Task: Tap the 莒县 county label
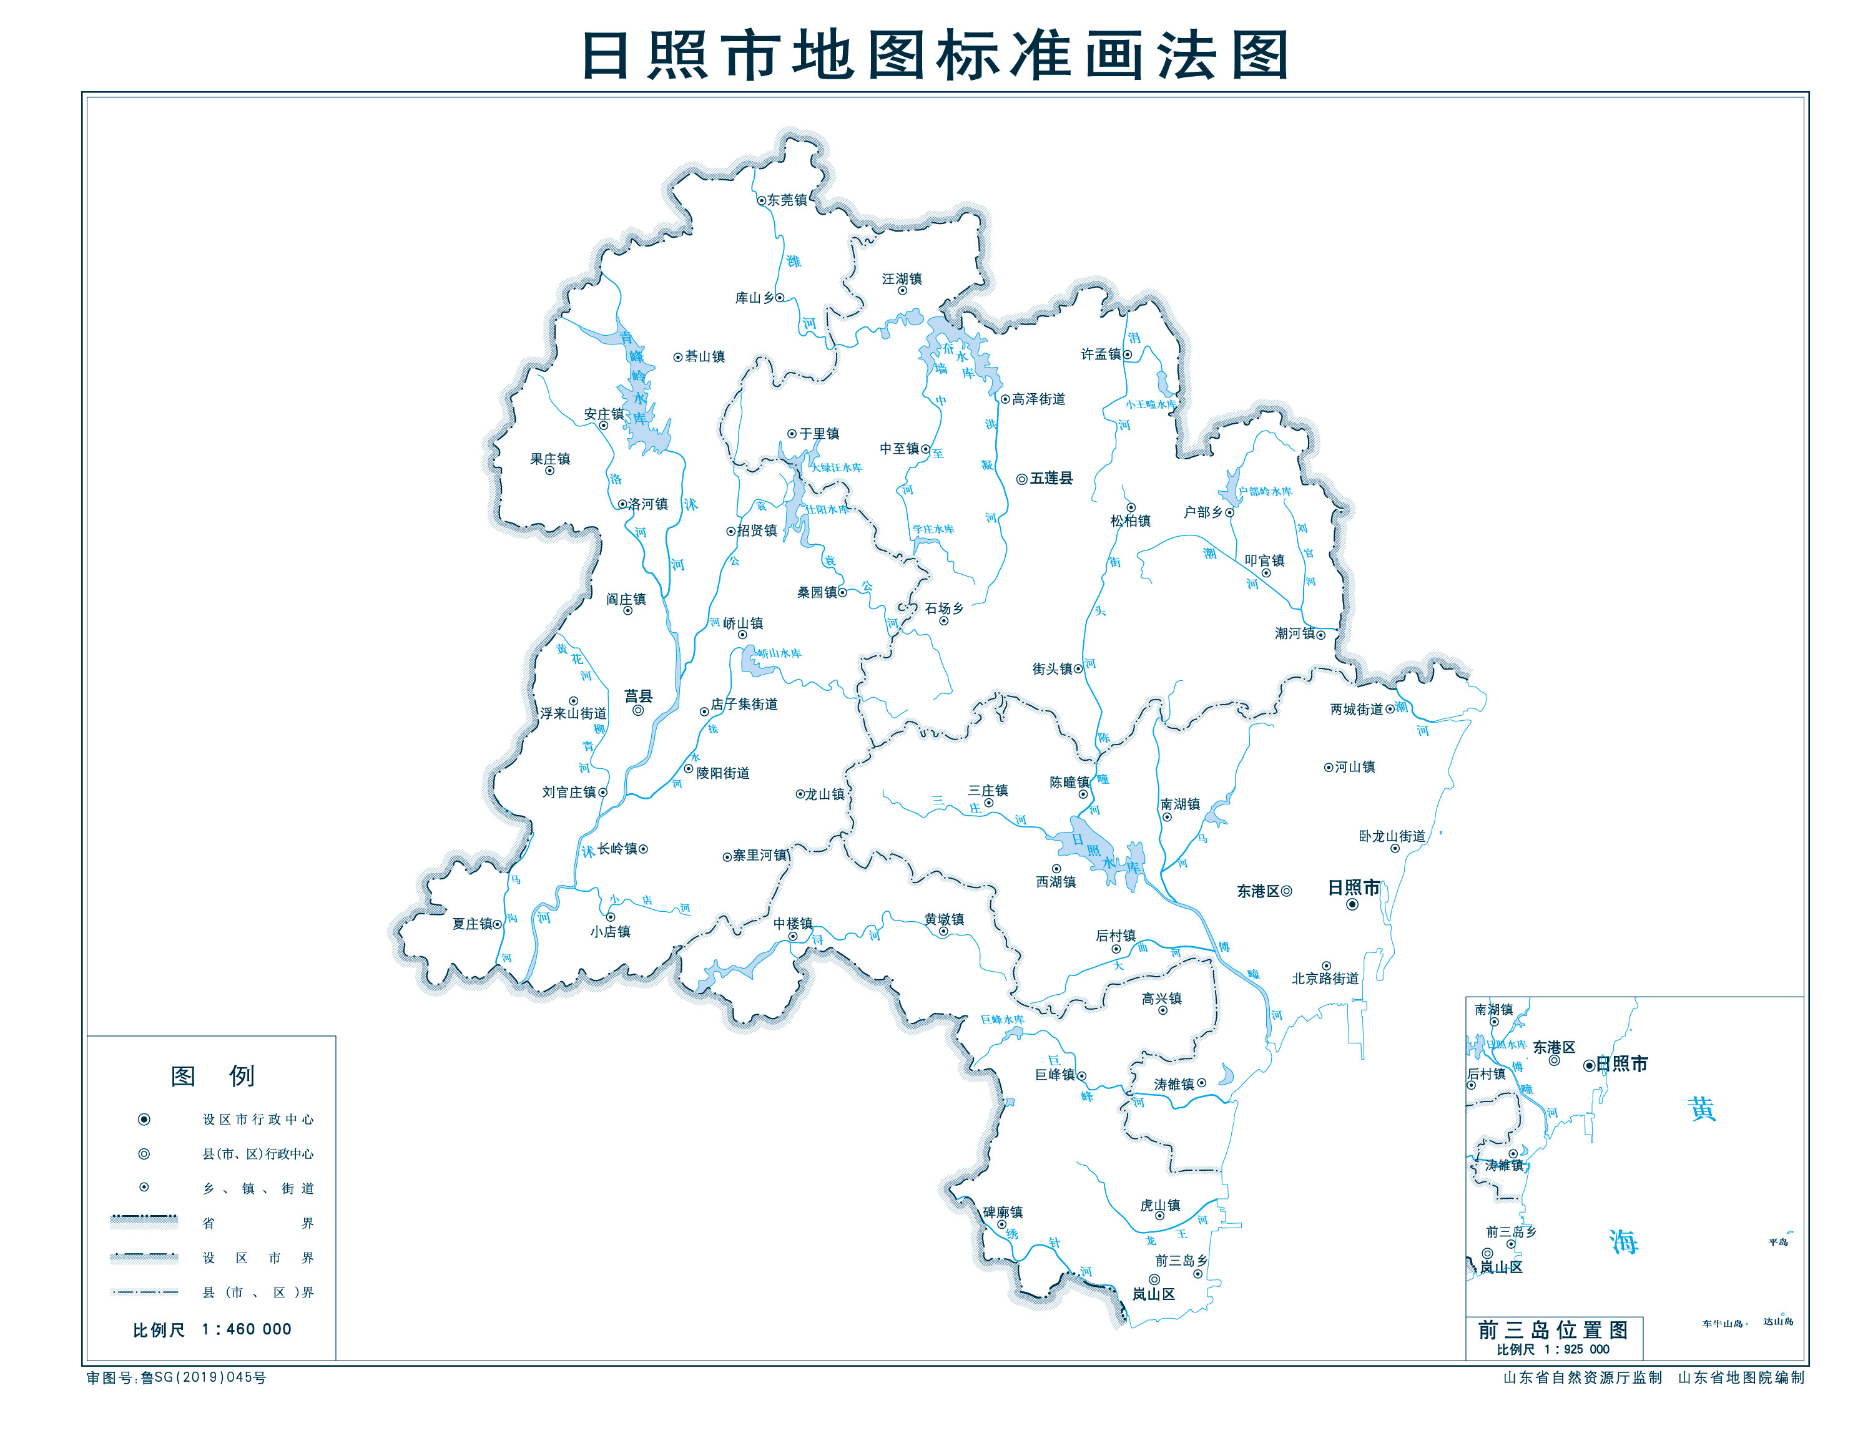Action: [x=638, y=696]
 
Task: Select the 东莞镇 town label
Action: [x=787, y=200]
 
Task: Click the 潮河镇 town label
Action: [x=1294, y=633]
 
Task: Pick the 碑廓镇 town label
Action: [x=1003, y=1211]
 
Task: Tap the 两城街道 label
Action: [x=1356, y=709]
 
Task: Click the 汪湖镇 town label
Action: [x=902, y=279]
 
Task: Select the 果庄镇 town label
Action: [x=549, y=459]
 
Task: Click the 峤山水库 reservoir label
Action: [x=779, y=653]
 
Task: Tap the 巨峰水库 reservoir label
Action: [x=1003, y=1020]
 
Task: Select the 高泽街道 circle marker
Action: [x=1005, y=399]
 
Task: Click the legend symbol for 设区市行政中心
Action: [x=144, y=1119]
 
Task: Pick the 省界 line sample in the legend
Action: [x=144, y=1222]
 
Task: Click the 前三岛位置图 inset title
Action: [x=1553, y=1330]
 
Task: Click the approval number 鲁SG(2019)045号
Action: [x=204, y=1377]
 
